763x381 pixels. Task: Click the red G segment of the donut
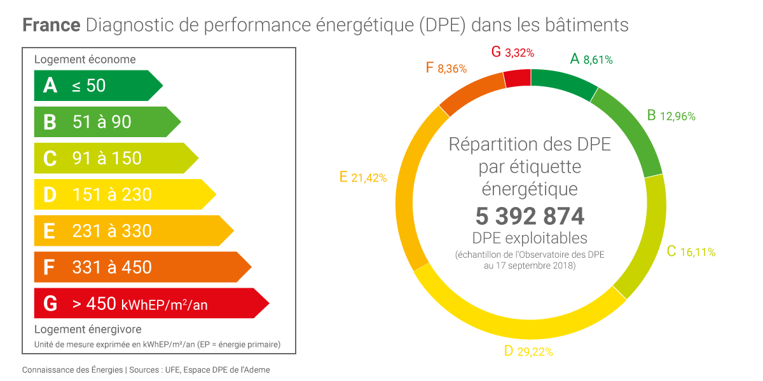518,77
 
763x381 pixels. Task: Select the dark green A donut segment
563,82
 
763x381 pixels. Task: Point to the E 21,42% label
363,178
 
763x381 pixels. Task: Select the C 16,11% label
691,252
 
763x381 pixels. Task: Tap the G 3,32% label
512,53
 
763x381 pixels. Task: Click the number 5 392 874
530,217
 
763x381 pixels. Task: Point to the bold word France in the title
52,25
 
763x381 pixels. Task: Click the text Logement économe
85,60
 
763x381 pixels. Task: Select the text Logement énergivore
88,329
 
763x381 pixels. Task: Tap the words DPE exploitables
530,238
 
